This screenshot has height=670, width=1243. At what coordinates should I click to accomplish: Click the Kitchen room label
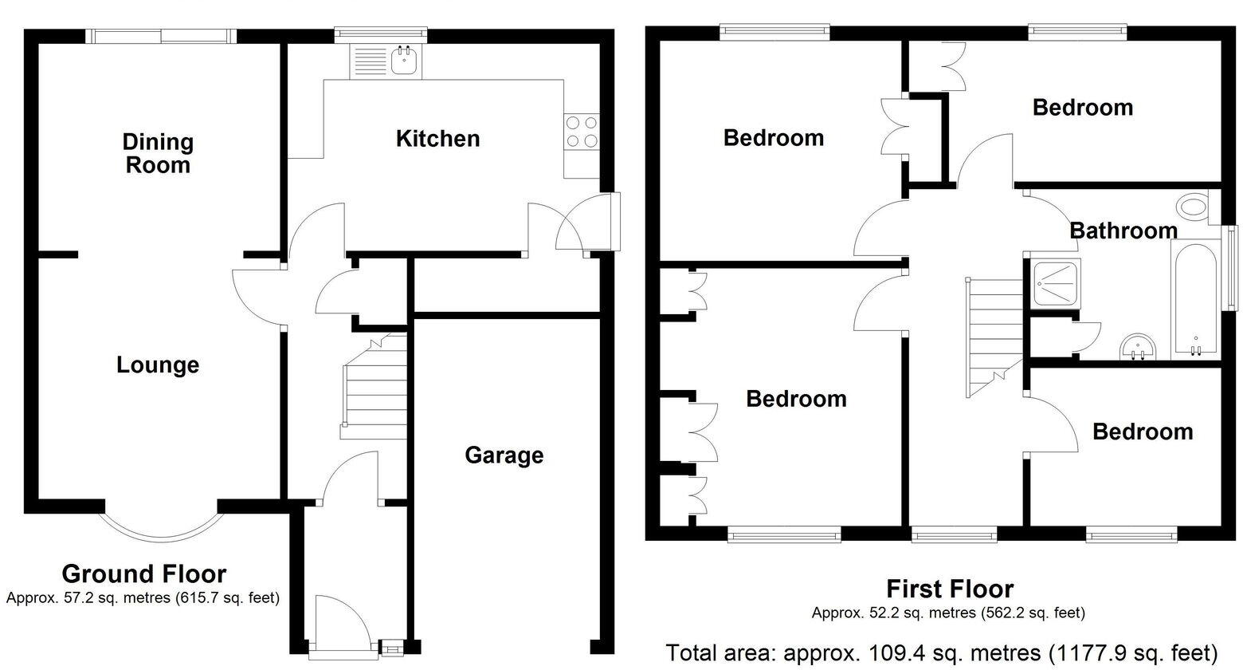tap(437, 139)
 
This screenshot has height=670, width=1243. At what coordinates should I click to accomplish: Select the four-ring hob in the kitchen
tap(582, 132)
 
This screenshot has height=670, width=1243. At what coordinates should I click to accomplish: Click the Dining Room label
tap(158, 153)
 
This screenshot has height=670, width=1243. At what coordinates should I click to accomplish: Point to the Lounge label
tap(158, 365)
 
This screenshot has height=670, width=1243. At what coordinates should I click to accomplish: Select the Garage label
tap(504, 455)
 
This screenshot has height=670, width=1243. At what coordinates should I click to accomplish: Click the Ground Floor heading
tap(143, 573)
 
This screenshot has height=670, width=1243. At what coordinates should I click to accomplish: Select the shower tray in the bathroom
tap(1053, 283)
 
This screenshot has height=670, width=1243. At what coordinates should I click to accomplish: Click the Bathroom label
tap(1123, 231)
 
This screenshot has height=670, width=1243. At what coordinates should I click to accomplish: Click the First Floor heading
tap(950, 589)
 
